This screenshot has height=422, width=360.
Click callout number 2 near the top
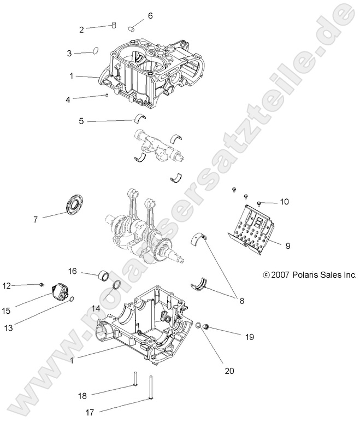[x=82, y=30]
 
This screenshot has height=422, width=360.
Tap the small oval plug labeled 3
[x=95, y=51]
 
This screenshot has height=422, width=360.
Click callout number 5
[x=81, y=121]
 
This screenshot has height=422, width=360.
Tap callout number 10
[x=284, y=202]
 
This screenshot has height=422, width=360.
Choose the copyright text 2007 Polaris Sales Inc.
[x=309, y=275]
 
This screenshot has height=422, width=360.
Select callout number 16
[x=72, y=271]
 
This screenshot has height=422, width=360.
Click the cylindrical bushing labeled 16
[x=103, y=274]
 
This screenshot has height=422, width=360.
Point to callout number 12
[x=7, y=285]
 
